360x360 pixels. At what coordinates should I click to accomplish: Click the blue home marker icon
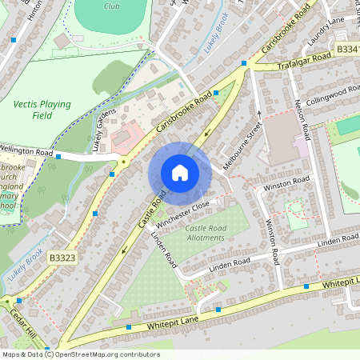click(180, 172)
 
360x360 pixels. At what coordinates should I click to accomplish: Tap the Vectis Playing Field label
click(42, 110)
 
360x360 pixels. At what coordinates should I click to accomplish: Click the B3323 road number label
click(62, 258)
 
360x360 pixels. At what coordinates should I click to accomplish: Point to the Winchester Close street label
click(182, 211)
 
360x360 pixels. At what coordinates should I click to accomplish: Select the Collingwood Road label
click(330, 95)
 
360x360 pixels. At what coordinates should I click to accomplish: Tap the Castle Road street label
click(153, 207)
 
